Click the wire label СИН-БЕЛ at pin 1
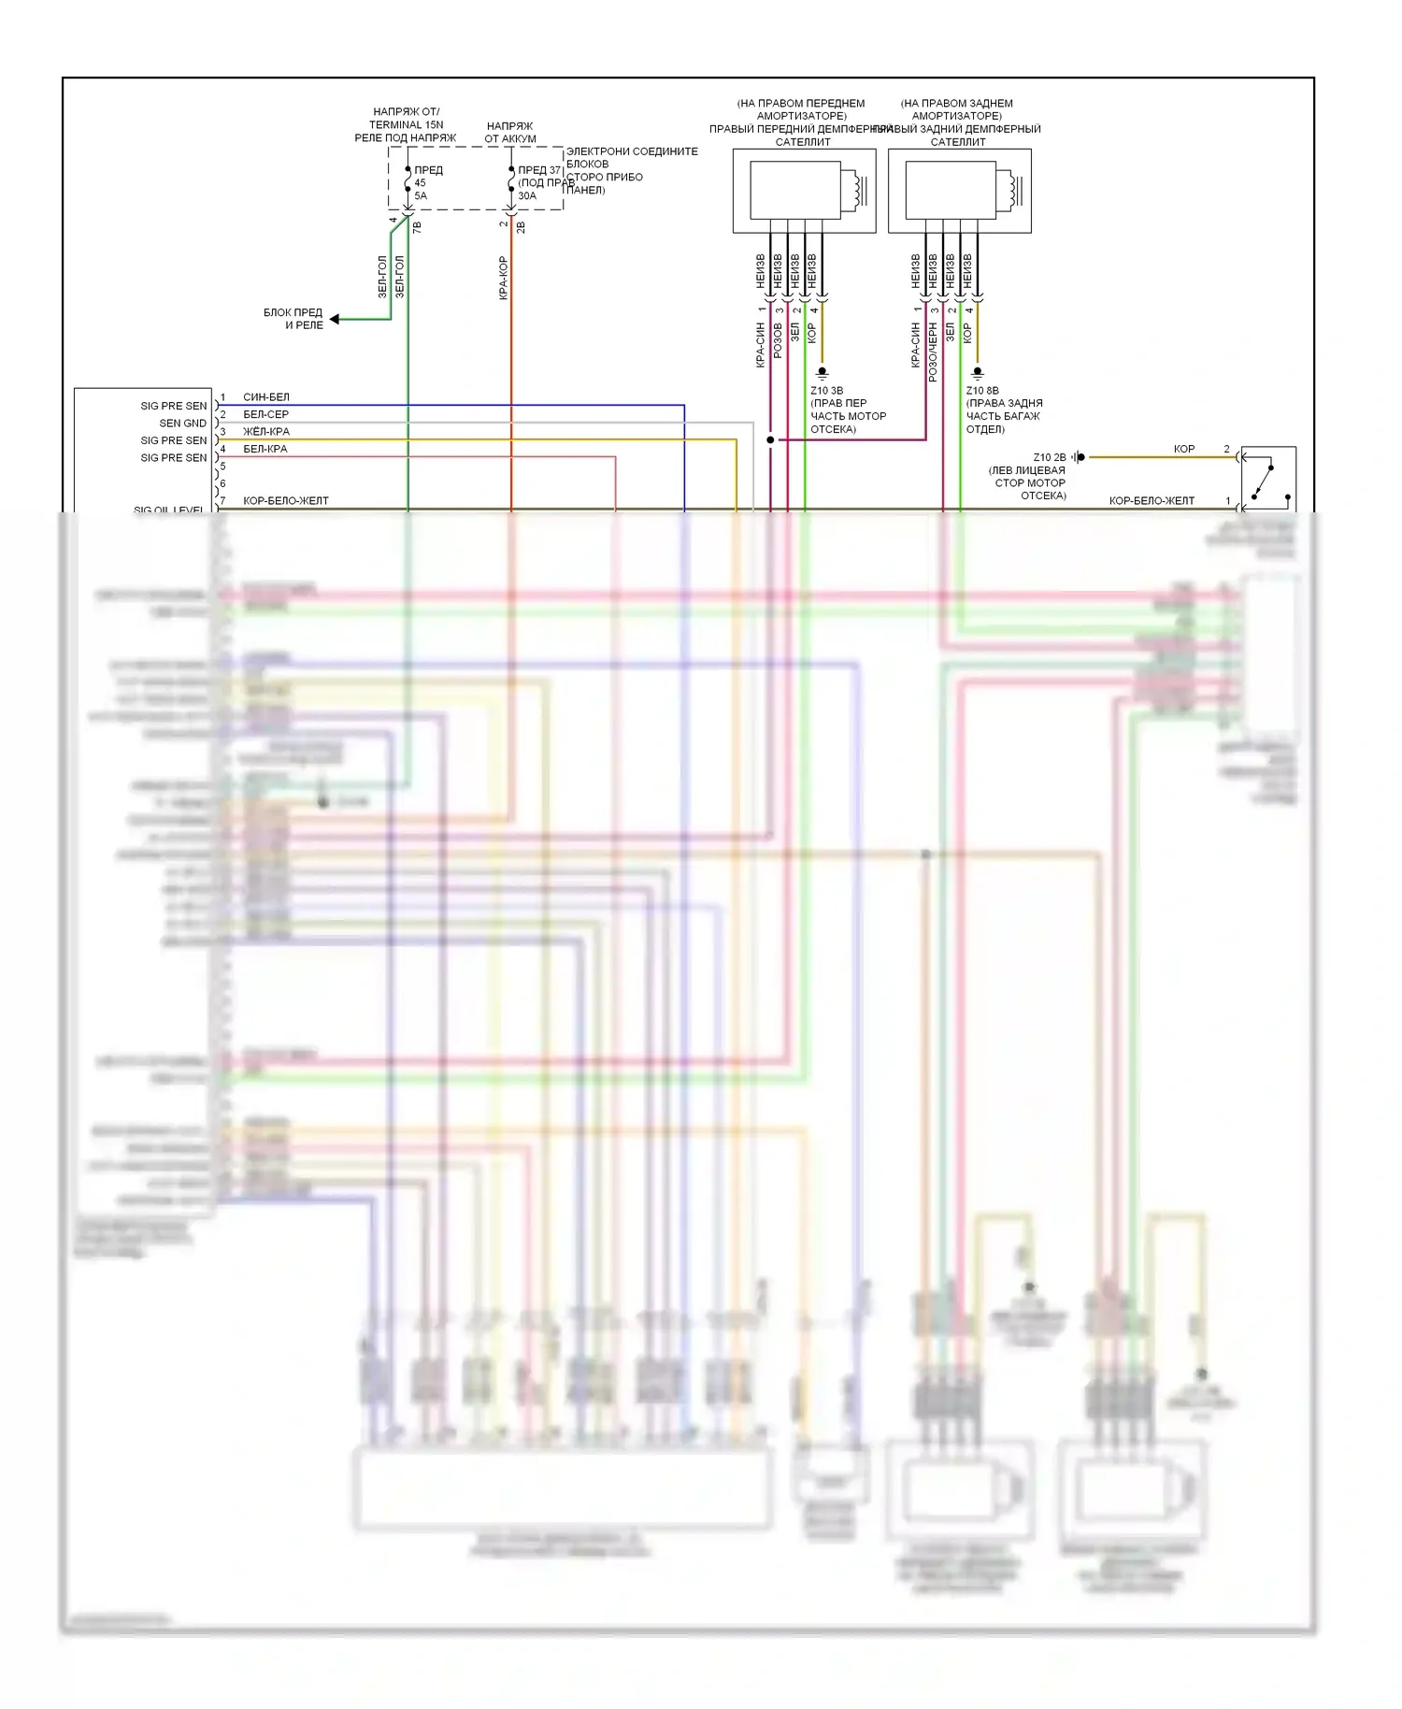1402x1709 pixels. click(x=265, y=397)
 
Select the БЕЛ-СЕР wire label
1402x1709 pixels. click(x=265, y=414)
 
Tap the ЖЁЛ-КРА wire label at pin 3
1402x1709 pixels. click(x=265, y=432)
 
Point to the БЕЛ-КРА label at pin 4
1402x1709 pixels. click(x=265, y=449)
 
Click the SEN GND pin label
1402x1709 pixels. click(x=182, y=424)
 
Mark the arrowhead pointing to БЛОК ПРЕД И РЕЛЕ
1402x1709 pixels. click(x=335, y=320)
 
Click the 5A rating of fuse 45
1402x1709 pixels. click(x=421, y=196)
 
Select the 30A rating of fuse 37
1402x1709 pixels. click(x=527, y=196)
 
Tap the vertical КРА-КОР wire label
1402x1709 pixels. click(x=503, y=278)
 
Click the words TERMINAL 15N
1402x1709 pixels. click(x=406, y=124)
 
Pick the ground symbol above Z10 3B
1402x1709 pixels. click(x=823, y=373)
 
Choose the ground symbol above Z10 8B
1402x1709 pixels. click(x=978, y=373)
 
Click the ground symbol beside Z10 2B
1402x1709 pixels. click(x=1079, y=457)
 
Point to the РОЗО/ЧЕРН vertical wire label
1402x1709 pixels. click(x=933, y=352)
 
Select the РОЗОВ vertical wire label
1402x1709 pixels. click(x=778, y=341)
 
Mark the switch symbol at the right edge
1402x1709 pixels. click(x=1267, y=480)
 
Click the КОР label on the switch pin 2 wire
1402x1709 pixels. click(x=1184, y=450)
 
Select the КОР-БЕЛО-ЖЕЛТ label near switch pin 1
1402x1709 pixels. click(x=1152, y=501)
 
